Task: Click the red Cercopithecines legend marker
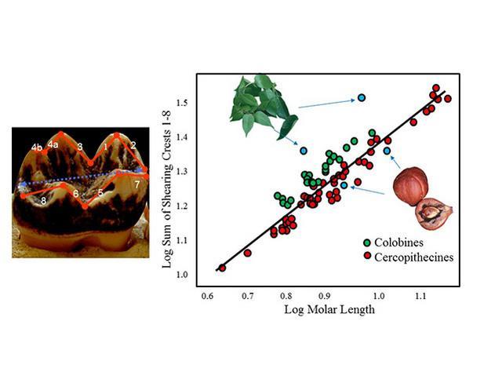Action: point(366,256)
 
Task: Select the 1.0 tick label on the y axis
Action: point(183,274)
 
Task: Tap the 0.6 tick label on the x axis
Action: point(207,297)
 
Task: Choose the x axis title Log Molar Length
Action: point(324,310)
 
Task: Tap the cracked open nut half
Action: point(429,214)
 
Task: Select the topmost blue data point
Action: point(362,98)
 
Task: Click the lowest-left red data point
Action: point(222,268)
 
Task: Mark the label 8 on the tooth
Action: point(44,202)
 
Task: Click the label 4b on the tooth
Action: point(36,147)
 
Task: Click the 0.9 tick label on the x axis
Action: point(324,297)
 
